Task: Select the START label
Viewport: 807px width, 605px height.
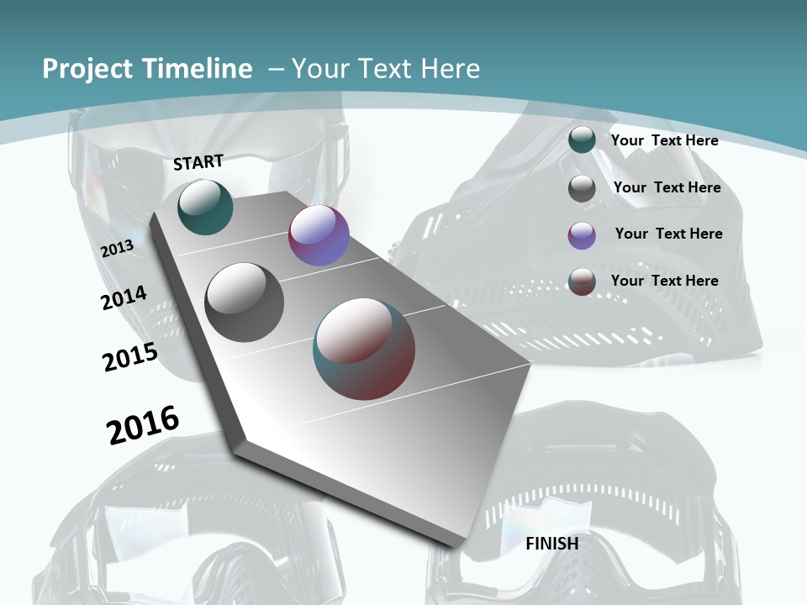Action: [x=198, y=162]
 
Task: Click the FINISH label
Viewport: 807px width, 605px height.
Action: [x=552, y=544]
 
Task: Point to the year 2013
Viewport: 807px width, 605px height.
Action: [x=117, y=249]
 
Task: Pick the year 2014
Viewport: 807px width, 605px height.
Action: [x=124, y=297]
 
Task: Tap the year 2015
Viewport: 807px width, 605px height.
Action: [x=130, y=356]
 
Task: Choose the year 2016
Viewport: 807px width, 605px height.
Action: [x=143, y=424]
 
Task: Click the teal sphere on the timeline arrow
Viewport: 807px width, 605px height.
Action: [x=206, y=207]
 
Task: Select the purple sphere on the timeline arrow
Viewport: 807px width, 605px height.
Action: [x=319, y=235]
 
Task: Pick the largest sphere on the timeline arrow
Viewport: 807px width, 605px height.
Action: [x=364, y=349]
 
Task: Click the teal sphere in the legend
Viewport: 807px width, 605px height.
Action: [x=582, y=140]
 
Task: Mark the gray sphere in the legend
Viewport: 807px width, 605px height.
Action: [x=582, y=188]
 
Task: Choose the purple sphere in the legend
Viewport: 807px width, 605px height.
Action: [x=582, y=235]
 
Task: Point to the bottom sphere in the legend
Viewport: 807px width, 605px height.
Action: [x=582, y=281]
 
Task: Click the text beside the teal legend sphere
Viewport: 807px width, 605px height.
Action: [x=664, y=140]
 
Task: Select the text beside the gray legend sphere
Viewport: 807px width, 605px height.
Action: [x=667, y=187]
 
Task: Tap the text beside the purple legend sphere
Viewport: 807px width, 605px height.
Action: [x=668, y=234]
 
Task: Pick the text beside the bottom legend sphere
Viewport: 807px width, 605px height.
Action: [x=664, y=281]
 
